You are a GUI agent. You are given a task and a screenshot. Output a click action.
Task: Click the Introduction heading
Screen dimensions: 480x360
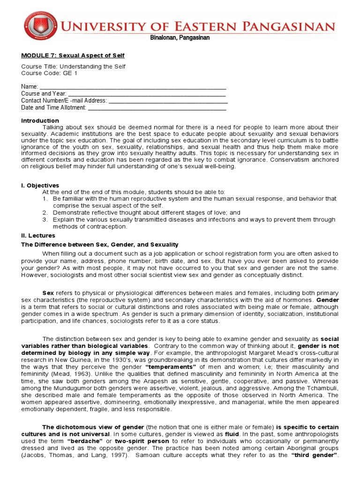click(x=40, y=120)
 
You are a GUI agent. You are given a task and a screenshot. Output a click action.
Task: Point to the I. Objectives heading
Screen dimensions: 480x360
click(x=40, y=186)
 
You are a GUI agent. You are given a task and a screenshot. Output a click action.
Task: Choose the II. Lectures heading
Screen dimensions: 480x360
click(x=38, y=235)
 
